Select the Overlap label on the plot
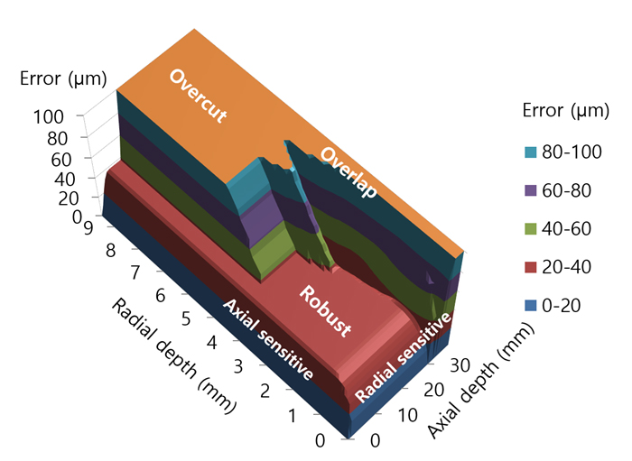point(348,173)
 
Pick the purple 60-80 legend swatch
point(531,189)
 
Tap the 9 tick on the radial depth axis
point(88,228)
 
